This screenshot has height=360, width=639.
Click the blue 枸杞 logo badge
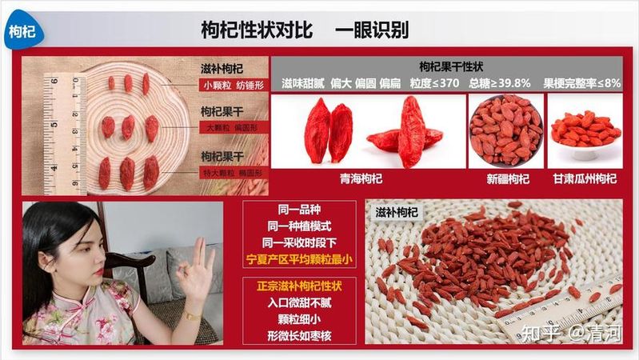coord(23,31)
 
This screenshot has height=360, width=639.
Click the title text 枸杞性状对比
coord(258,30)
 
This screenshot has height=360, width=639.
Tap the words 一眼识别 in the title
coord(371,30)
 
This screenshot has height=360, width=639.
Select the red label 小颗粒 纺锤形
coord(234,86)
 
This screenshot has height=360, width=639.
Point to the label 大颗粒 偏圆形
coord(234,128)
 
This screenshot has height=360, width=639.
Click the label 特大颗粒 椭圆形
coord(234,173)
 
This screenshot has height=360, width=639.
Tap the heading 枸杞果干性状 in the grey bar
coord(451,66)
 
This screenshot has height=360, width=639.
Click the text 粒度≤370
coord(434,83)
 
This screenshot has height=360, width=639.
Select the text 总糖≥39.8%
coord(500,83)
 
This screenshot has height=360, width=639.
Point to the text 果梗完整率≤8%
coord(582,83)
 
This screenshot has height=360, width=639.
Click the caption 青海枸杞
coord(361,178)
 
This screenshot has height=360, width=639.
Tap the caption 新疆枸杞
coord(508,178)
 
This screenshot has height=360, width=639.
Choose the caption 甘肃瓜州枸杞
coord(585,178)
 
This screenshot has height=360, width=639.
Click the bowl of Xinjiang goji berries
coord(506,130)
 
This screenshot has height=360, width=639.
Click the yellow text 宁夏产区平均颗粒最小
coord(299,259)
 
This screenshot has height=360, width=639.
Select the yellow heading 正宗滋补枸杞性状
coord(299,286)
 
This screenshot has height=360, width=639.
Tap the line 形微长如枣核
coord(299,335)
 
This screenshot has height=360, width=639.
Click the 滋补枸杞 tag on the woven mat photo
coord(397,212)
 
